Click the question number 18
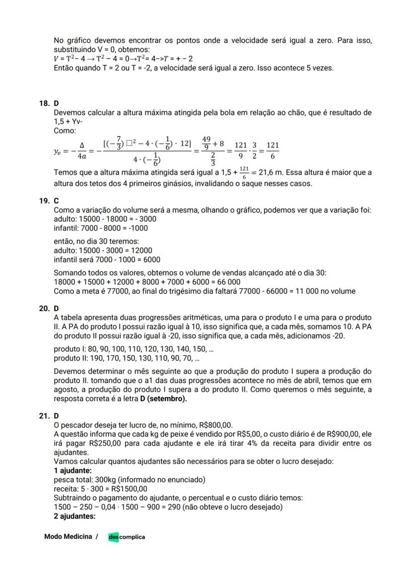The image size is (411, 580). (44, 104)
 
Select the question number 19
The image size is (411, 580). (44, 201)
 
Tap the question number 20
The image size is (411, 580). (44, 308)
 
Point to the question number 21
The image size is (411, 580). (44, 415)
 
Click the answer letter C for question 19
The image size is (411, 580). (56, 201)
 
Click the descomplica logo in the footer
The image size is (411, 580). (127, 537)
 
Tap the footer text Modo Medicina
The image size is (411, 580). (68, 536)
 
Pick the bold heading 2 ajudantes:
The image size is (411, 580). (74, 516)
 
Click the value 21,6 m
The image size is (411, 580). (273, 173)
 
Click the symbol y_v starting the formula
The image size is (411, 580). (58, 152)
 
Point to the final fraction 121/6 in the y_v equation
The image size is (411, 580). (272, 152)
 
